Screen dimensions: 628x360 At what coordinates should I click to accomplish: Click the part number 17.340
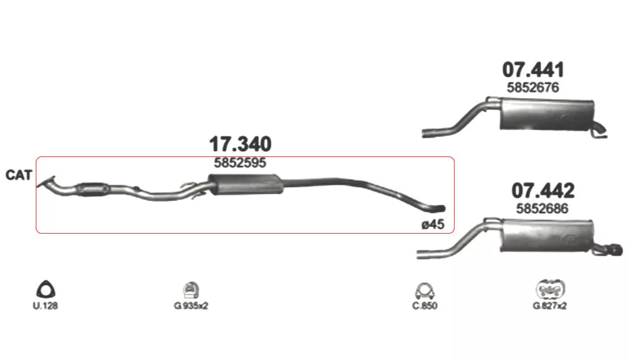point(241,144)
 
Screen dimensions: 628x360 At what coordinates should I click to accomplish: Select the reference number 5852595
point(240,163)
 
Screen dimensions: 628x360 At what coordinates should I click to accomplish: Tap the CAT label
point(18,175)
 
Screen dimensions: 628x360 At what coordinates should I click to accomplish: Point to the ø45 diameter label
point(433,224)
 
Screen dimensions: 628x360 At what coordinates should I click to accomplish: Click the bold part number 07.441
point(533,70)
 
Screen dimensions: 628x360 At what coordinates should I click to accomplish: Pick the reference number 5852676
point(533,87)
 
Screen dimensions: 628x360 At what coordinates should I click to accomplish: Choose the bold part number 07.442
point(543,191)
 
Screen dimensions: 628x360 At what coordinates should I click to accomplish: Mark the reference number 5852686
point(542,209)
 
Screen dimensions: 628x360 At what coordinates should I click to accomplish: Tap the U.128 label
point(45,306)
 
